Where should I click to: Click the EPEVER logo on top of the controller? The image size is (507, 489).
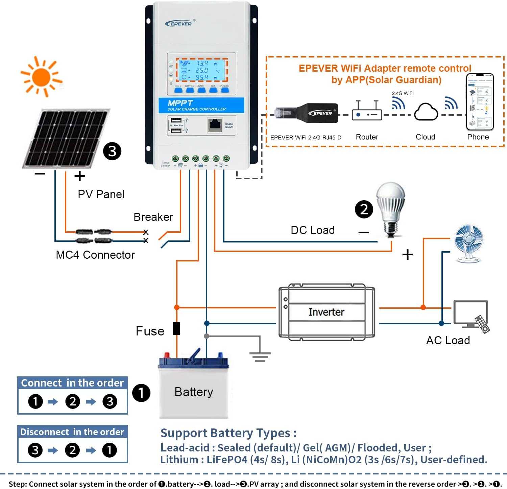179,23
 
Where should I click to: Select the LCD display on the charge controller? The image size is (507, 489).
202,70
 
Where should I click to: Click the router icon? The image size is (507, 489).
367,112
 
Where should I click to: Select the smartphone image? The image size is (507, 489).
480,102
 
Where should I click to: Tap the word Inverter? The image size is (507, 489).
326,312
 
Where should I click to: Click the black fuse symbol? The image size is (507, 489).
176,328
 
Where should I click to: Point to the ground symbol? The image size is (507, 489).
260,356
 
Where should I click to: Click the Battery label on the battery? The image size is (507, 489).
194,392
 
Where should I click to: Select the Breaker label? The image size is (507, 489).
153,217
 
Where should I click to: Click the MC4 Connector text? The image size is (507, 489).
95,255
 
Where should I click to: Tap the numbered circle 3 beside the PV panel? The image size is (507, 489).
112,151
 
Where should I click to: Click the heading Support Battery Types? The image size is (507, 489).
228,433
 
